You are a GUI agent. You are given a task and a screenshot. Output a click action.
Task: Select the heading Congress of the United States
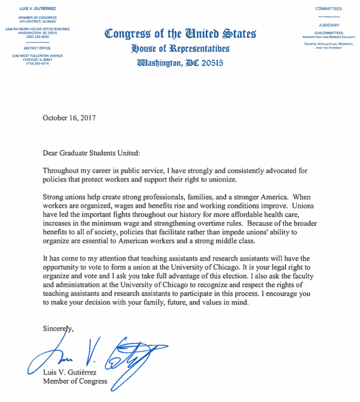[180, 34]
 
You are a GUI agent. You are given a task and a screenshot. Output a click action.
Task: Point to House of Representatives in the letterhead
[180, 48]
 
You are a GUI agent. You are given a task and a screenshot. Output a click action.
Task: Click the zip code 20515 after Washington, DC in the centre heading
[211, 63]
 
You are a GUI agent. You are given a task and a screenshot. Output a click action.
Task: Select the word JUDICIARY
[329, 24]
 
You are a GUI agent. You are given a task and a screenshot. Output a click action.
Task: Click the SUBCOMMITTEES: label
[329, 33]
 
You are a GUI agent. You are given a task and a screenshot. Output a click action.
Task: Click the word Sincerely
[58, 328]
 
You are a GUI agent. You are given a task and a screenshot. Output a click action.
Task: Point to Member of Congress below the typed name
[75, 382]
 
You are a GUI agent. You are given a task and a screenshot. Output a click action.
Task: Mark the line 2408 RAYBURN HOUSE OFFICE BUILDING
[37, 29]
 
